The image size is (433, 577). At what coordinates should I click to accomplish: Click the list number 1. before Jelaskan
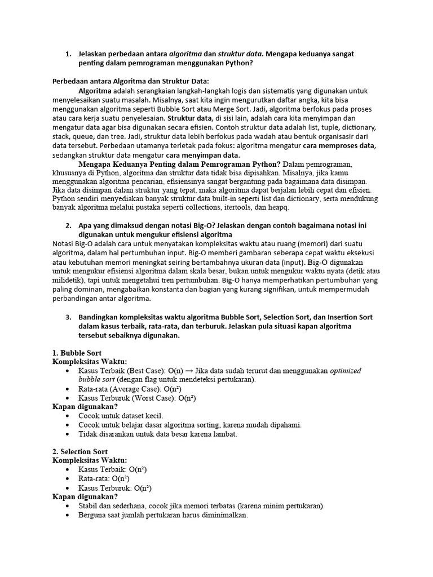pyautogui.click(x=68, y=54)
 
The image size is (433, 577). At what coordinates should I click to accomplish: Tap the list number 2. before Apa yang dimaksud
pyautogui.click(x=68, y=226)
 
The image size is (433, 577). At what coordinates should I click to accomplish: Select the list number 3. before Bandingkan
pyautogui.click(x=68, y=317)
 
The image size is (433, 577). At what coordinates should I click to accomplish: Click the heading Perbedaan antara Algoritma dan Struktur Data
pyautogui.click(x=130, y=81)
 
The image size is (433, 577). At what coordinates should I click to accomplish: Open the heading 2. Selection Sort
pyautogui.click(x=80, y=452)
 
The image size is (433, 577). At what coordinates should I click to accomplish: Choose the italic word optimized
pyautogui.click(x=346, y=371)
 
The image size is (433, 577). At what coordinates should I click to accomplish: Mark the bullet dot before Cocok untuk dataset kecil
pyautogui.click(x=68, y=416)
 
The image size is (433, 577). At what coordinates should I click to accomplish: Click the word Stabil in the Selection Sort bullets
pyautogui.click(x=90, y=506)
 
